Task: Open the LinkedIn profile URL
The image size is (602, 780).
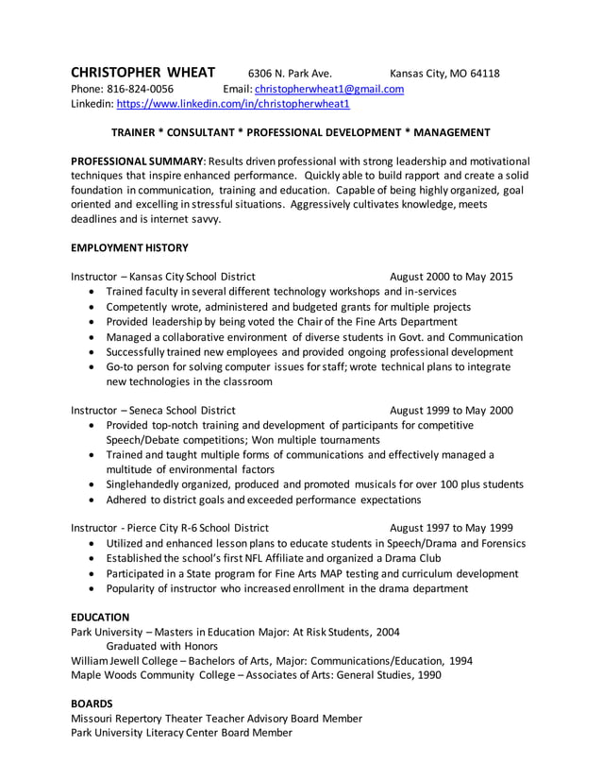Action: tap(232, 105)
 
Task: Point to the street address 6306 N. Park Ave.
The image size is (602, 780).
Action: tap(290, 75)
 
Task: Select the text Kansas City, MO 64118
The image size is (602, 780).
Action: tap(444, 75)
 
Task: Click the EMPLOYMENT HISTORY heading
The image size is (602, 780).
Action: tap(130, 248)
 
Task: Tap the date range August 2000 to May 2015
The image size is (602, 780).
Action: tap(451, 277)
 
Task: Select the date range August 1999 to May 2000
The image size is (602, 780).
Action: tap(451, 411)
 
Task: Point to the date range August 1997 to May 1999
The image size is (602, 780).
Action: tap(451, 528)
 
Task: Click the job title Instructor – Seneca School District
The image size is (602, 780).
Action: tap(154, 411)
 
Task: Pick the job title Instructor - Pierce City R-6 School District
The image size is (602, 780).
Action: tap(170, 528)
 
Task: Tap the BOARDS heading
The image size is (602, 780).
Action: tap(92, 704)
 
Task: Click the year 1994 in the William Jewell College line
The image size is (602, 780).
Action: tap(460, 661)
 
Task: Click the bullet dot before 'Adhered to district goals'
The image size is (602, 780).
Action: tap(91, 500)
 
